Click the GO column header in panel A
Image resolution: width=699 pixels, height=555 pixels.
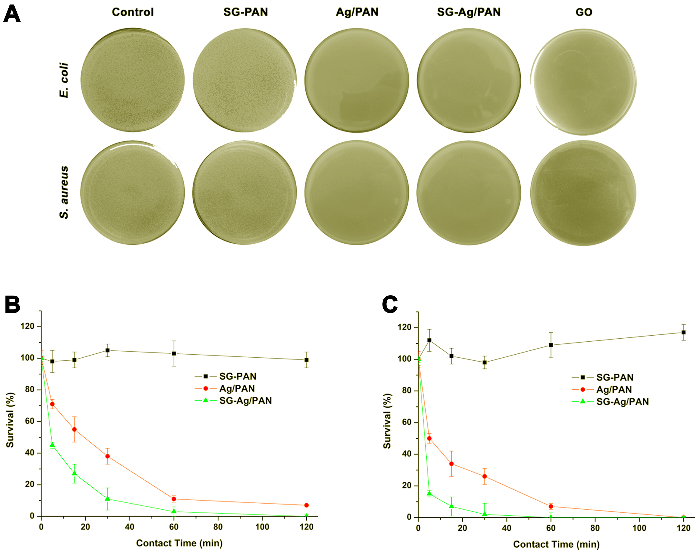(584, 12)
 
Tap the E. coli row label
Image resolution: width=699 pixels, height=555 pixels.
(64, 80)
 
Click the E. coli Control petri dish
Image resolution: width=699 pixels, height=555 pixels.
(133, 80)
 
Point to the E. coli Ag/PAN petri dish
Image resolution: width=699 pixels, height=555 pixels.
(357, 80)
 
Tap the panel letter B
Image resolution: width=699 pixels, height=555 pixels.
(12, 304)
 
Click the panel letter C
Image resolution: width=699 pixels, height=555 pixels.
(390, 304)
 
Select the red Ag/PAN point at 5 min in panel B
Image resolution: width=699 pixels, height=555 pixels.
(52, 404)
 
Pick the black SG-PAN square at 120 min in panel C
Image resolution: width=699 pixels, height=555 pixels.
(683, 333)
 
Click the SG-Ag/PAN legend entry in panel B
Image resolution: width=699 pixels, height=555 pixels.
(245, 401)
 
